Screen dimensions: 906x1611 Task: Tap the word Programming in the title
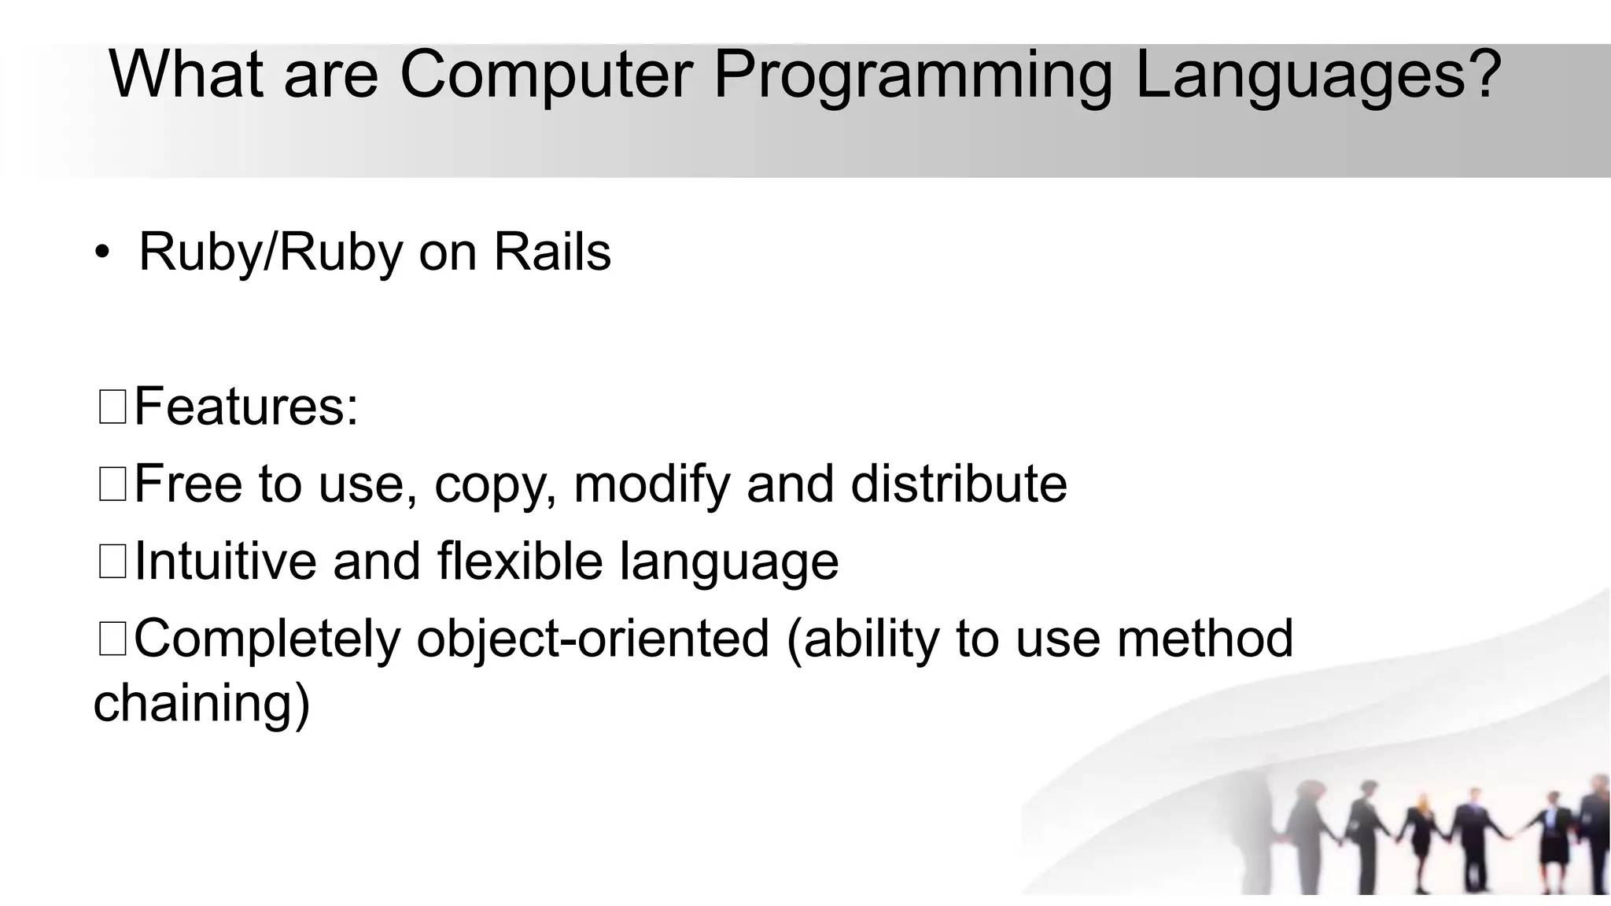(x=912, y=75)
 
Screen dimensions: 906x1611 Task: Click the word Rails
(x=551, y=252)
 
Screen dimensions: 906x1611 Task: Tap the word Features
(x=245, y=407)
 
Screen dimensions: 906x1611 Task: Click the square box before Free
(x=112, y=484)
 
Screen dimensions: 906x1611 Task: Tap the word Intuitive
(x=225, y=561)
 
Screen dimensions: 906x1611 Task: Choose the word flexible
(x=520, y=561)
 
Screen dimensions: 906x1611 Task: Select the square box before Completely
(x=112, y=638)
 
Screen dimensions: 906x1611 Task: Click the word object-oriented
(x=592, y=638)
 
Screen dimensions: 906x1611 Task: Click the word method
(x=1204, y=638)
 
